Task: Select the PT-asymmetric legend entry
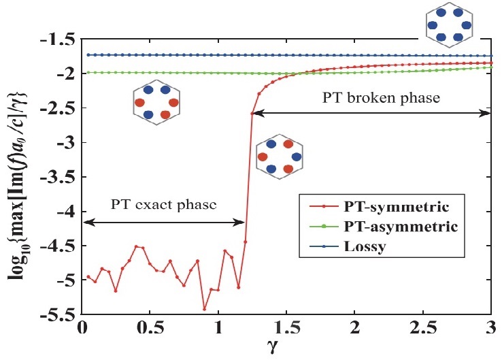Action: coord(399,225)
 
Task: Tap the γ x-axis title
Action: coord(286,348)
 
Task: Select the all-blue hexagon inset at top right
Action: coord(448,26)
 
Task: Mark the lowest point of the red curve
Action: coord(204,309)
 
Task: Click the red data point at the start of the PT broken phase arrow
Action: coord(252,114)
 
